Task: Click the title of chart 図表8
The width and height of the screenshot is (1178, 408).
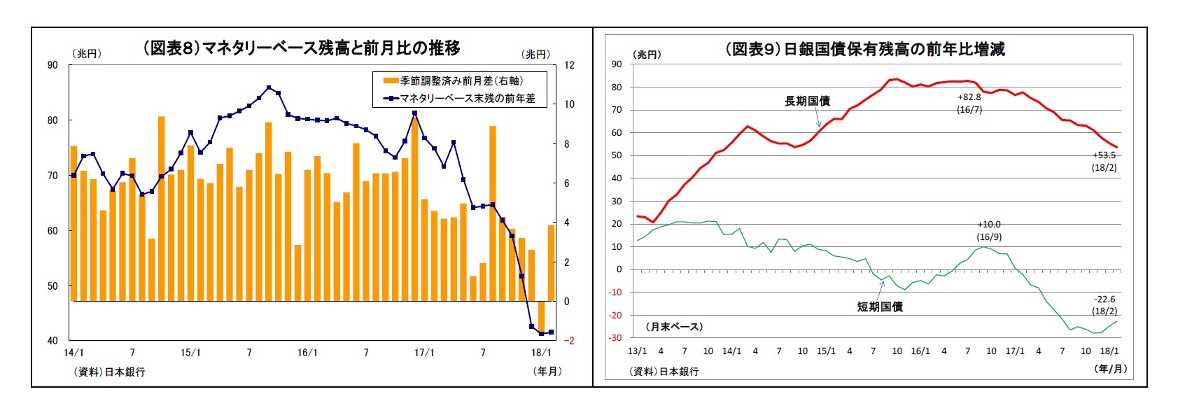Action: [302, 48]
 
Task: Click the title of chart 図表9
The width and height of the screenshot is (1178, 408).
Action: [865, 49]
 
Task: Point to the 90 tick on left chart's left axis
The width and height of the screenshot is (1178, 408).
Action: [52, 65]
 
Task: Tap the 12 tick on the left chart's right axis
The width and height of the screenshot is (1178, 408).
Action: [569, 65]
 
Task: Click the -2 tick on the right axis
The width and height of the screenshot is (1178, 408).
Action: [569, 341]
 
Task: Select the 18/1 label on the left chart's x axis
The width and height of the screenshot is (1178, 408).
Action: [541, 353]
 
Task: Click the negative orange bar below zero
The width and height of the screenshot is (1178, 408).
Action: [541, 315]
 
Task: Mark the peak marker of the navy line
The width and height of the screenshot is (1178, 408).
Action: [269, 87]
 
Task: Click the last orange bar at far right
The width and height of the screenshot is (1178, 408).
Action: [551, 262]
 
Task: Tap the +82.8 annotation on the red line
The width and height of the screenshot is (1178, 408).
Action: [969, 97]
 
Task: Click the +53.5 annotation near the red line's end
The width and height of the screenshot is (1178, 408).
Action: [1104, 155]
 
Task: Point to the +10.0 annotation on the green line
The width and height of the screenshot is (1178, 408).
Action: [989, 225]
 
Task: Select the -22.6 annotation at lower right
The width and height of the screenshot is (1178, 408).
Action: [1105, 300]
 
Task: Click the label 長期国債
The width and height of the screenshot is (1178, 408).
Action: [807, 101]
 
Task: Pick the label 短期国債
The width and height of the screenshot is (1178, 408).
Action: [880, 307]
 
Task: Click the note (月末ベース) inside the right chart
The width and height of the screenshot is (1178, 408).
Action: [674, 327]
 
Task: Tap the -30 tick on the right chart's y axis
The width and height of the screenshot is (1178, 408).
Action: [615, 338]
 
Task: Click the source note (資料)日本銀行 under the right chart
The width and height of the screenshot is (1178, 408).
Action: [664, 372]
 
